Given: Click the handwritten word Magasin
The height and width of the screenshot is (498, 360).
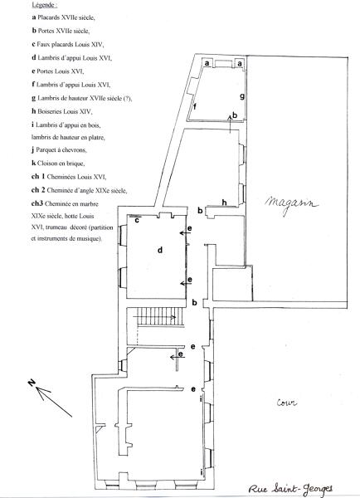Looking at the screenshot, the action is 291,204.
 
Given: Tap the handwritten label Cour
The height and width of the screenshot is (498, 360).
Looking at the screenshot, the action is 287,403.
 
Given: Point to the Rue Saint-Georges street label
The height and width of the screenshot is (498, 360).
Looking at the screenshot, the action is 290,489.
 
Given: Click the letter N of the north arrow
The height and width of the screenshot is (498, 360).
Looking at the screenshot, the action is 32,383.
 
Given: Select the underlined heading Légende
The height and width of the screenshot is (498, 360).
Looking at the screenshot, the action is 45,5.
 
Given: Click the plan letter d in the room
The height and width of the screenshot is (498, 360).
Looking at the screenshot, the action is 160,250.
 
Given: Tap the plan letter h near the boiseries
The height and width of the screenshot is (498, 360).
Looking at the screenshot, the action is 225,203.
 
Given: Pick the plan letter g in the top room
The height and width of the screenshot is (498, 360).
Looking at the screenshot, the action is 242,96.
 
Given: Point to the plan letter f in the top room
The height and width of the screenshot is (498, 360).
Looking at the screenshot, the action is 195,106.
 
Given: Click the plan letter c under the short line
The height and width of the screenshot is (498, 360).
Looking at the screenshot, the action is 137,220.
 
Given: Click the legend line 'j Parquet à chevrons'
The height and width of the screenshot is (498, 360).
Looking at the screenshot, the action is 59,149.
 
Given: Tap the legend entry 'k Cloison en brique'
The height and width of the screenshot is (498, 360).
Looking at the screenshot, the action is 58,164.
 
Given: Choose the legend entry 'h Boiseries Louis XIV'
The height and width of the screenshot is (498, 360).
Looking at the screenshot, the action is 62,111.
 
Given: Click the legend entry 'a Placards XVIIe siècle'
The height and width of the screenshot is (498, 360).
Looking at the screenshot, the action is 64,17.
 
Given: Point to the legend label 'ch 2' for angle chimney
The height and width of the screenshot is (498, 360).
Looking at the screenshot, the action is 38,190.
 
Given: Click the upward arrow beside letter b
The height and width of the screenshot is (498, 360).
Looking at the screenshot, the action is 230,124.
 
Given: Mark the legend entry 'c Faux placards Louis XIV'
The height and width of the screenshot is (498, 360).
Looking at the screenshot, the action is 68,44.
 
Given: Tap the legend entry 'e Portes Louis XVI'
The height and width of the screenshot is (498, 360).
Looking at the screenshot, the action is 58,71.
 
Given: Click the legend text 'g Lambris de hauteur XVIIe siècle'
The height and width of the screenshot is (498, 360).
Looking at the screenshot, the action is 82,98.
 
